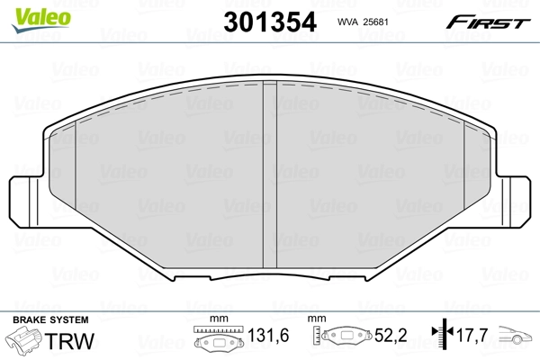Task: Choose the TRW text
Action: [68, 342]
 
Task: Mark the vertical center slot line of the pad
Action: [269, 171]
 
